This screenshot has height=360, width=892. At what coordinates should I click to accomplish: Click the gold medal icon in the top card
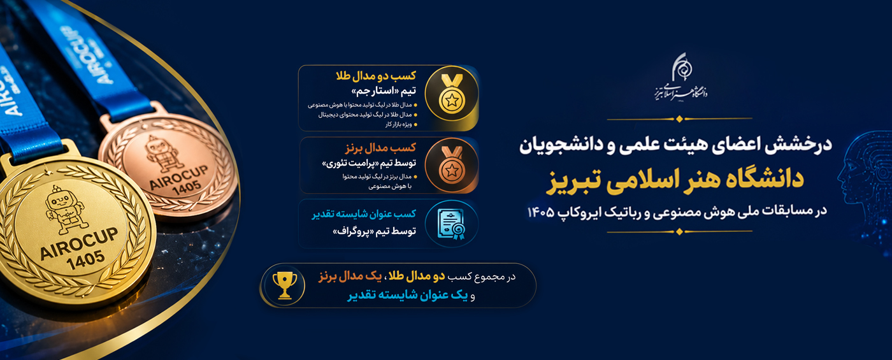pyautogui.click(x=452, y=94)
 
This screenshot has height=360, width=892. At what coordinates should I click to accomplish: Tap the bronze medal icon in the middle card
pyautogui.click(x=452, y=165)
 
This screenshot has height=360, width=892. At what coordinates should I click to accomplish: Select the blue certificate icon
pyautogui.click(x=451, y=224)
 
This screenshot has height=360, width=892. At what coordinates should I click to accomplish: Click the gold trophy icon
pyautogui.click(x=284, y=285)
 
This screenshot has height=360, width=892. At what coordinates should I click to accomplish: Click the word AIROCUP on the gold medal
pyautogui.click(x=79, y=243)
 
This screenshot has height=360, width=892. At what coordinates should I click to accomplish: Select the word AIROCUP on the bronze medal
pyautogui.click(x=179, y=177)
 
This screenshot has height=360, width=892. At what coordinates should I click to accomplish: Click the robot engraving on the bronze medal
pyautogui.click(x=164, y=154)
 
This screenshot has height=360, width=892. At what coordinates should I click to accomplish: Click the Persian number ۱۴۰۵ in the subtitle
pyautogui.click(x=541, y=212)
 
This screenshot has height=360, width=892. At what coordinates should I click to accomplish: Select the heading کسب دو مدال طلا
pyautogui.click(x=376, y=76)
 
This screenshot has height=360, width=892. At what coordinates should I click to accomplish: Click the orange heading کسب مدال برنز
pyautogui.click(x=381, y=148)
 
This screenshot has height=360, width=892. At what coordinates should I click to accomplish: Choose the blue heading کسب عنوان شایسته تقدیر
pyautogui.click(x=364, y=214)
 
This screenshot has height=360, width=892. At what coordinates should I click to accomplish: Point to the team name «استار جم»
pyautogui.click(x=375, y=91)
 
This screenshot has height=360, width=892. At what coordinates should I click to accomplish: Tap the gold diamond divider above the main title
pyautogui.click(x=680, y=119)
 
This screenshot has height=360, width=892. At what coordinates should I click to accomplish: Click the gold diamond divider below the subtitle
pyautogui.click(x=680, y=231)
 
